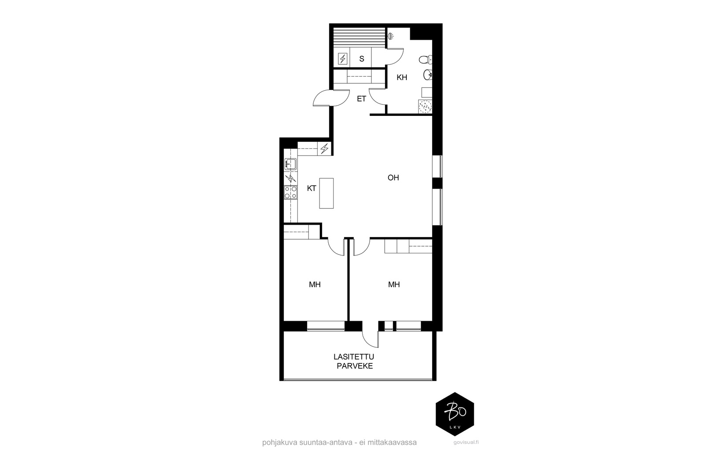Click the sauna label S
point(362,59)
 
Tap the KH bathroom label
point(402,78)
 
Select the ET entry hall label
point(361,99)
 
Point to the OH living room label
point(393,178)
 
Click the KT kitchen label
point(312,189)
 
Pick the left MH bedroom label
point(315,285)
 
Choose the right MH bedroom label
point(394,285)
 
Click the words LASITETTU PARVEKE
point(354,362)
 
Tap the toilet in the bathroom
point(426,59)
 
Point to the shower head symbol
point(390,36)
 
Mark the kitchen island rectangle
point(327,193)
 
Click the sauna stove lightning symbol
point(342,59)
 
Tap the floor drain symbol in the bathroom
point(425,107)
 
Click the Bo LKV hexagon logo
point(455,414)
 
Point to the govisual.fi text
point(466,442)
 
